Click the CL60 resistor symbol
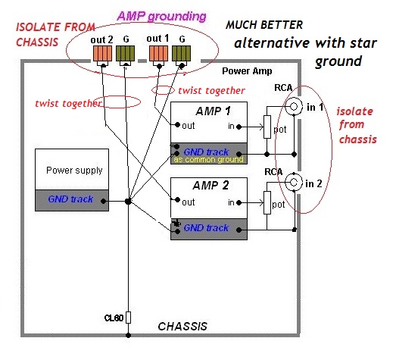[128, 318]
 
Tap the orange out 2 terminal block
[102, 53]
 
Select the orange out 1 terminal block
[158, 53]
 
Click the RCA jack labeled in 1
[294, 106]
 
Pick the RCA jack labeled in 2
[294, 182]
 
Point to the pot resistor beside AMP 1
[267, 127]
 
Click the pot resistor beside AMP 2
[267, 203]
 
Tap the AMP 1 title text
[214, 111]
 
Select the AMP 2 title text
[210, 186]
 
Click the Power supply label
[74, 171]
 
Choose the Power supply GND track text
[70, 199]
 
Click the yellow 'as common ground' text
[209, 159]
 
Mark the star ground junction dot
[128, 202]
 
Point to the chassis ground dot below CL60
[128, 336]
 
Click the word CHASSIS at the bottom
[182, 327]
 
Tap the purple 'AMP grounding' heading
[161, 16]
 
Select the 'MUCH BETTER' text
[264, 25]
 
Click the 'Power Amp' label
[247, 71]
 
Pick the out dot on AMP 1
[177, 124]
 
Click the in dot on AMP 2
[239, 202]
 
